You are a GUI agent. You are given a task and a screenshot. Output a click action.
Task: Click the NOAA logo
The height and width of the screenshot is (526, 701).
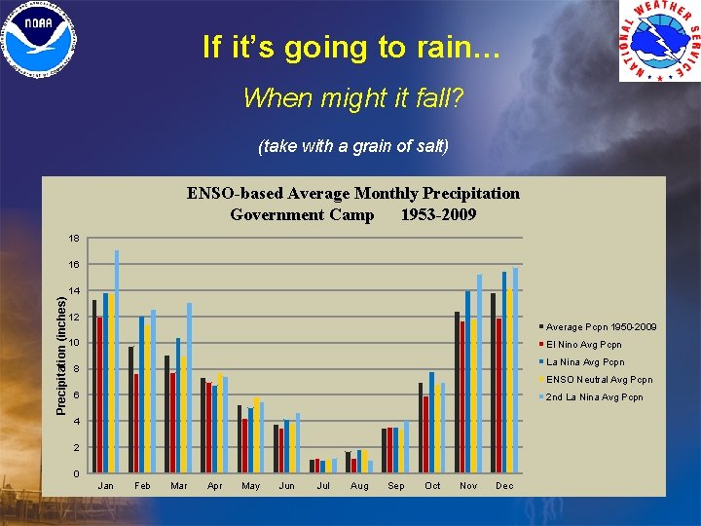(40, 41)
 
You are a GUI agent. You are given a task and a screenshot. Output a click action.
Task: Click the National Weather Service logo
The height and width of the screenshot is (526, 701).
(659, 42)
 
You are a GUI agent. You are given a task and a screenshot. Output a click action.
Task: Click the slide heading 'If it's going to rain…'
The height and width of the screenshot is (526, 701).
(350, 47)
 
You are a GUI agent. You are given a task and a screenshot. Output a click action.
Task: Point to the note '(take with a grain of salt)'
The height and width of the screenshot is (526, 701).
(352, 147)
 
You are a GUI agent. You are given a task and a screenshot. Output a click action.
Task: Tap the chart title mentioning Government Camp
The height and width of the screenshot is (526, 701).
(352, 204)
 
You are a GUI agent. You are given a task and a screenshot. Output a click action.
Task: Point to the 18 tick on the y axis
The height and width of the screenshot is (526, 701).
(75, 238)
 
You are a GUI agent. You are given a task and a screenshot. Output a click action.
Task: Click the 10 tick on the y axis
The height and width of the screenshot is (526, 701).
(75, 343)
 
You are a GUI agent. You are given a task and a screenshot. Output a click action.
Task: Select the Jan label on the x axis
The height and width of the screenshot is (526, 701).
(105, 485)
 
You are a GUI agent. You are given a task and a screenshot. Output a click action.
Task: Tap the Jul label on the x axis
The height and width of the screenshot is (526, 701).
(322, 485)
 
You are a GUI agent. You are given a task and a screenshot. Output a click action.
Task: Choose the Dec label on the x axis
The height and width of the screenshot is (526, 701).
(503, 485)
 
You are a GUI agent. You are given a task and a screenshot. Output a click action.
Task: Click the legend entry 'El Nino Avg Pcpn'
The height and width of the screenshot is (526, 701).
(583, 345)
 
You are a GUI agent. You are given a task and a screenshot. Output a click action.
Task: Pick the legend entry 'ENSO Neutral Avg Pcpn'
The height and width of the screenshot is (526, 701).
(598, 380)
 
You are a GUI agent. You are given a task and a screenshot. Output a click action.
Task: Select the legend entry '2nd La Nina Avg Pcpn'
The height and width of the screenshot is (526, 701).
(594, 397)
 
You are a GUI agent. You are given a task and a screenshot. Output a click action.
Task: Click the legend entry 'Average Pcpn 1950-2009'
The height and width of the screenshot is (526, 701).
(600, 327)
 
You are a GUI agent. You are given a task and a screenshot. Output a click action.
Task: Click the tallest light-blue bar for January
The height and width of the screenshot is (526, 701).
(117, 360)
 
